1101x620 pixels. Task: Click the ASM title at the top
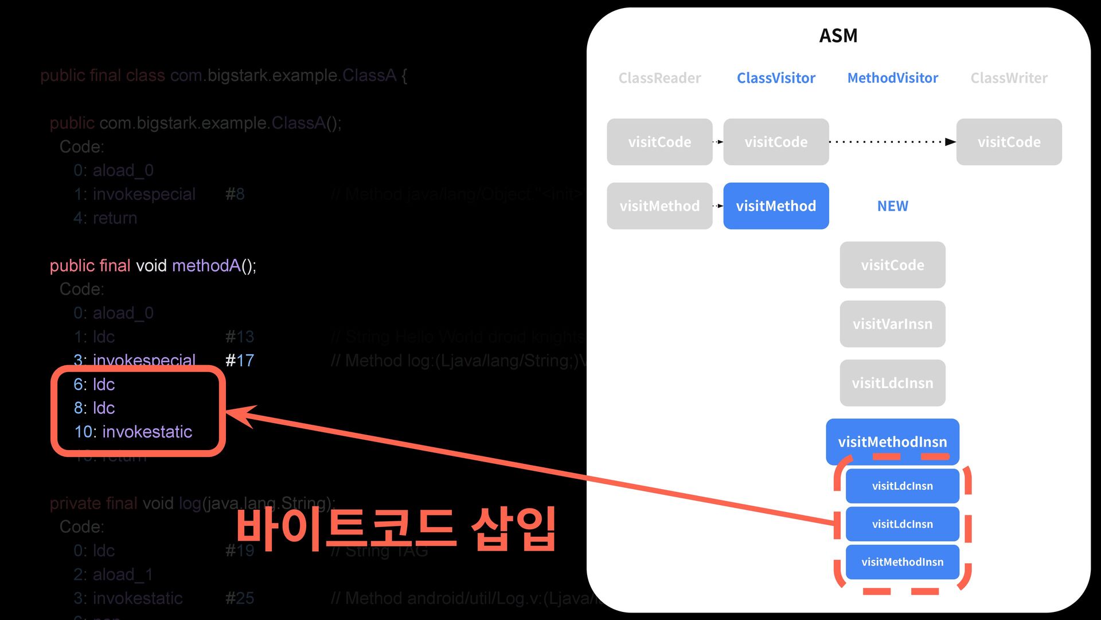coord(838,36)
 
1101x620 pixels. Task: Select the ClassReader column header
coord(659,78)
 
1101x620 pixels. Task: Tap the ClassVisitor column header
coord(776,78)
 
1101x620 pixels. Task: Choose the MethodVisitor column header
coord(892,78)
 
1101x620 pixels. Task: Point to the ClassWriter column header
coord(1009,78)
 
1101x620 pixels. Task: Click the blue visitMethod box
coord(776,206)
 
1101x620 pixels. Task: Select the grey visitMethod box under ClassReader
coord(659,206)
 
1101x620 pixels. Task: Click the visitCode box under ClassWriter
coord(1009,142)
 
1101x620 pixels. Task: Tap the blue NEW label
coord(892,206)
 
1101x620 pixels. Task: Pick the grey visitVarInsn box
coord(892,324)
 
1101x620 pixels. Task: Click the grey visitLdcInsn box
coord(892,383)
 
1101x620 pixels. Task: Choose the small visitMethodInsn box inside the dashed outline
coord(902,562)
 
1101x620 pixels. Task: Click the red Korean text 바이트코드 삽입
coord(396,529)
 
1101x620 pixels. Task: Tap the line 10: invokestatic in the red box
coord(133,432)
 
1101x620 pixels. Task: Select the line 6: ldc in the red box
coord(94,384)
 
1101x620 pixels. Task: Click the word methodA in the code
coord(206,266)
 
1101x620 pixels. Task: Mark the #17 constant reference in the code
coord(239,361)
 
